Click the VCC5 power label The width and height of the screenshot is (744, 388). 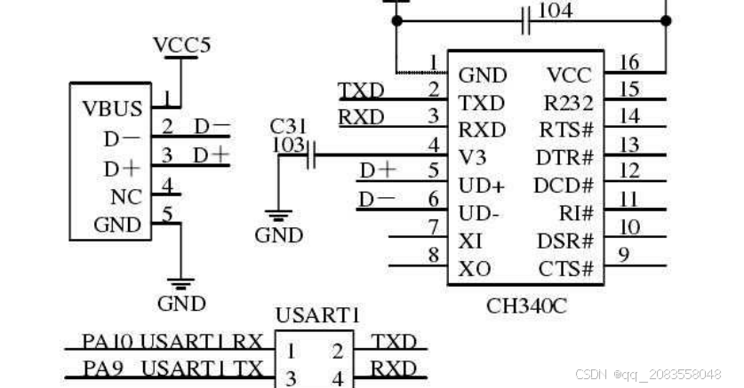coord(182,45)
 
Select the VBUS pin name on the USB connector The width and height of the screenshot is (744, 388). coord(112,109)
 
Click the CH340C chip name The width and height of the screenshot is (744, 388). coord(526,306)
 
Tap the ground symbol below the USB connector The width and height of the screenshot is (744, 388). coord(181,285)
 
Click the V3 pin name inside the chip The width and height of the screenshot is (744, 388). coord(471,157)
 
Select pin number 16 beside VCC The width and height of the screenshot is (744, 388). coord(628,62)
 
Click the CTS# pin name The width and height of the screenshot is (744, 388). coord(566,269)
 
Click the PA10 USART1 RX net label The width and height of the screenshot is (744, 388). coord(172,342)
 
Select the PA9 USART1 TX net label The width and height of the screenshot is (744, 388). coord(172,368)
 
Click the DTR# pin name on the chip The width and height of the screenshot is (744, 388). coord(564,158)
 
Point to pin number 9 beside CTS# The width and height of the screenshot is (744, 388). coord(623,256)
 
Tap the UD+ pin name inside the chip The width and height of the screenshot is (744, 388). coord(481,186)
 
